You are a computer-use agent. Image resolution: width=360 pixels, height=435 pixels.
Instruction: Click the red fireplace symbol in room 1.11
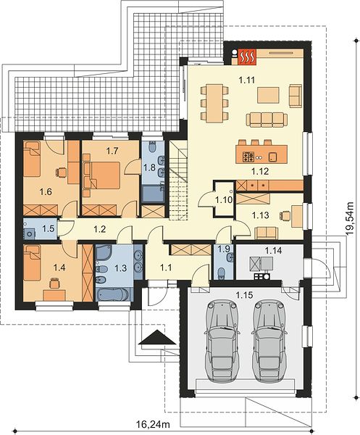pyautogui.click(x=247, y=57)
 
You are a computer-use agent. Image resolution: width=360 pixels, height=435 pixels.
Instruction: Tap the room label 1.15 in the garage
pyautogui.click(x=244, y=295)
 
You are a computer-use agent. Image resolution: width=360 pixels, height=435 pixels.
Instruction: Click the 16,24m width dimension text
pyautogui.click(x=153, y=424)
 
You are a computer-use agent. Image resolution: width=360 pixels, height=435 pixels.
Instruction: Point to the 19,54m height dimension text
pyautogui.click(x=350, y=219)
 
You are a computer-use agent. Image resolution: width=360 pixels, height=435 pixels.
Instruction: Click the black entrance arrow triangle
pyautogui.click(x=157, y=337)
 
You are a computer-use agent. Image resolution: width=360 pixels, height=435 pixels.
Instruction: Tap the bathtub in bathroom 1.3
pyautogui.click(x=114, y=294)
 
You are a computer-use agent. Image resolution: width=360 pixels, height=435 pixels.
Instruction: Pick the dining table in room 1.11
pyautogui.click(x=214, y=103)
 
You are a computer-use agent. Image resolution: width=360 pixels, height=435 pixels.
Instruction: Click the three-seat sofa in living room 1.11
pyautogui.click(x=267, y=120)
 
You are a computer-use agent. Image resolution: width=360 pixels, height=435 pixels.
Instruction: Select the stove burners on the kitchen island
pyautogui.click(x=248, y=157)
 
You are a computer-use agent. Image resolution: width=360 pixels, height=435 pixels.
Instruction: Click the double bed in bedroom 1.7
pyautogui.click(x=105, y=175)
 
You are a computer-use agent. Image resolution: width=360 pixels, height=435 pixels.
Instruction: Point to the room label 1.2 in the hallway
pyautogui.click(x=99, y=229)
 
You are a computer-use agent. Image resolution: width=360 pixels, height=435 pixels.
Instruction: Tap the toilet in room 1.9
pyautogui.click(x=222, y=273)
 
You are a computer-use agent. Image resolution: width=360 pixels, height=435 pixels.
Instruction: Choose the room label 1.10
pyautogui.click(x=224, y=200)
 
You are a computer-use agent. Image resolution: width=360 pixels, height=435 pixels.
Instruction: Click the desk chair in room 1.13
pyautogui.click(x=285, y=215)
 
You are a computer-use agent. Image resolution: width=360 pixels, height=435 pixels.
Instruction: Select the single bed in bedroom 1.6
pyautogui.click(x=32, y=159)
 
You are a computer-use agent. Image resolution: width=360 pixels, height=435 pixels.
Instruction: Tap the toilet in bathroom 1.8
pyautogui.click(x=152, y=146)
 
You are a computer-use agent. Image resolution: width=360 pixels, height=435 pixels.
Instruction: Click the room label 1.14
pyautogui.click(x=273, y=251)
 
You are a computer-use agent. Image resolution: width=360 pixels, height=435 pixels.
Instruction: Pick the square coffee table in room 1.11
pyautogui.click(x=268, y=95)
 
